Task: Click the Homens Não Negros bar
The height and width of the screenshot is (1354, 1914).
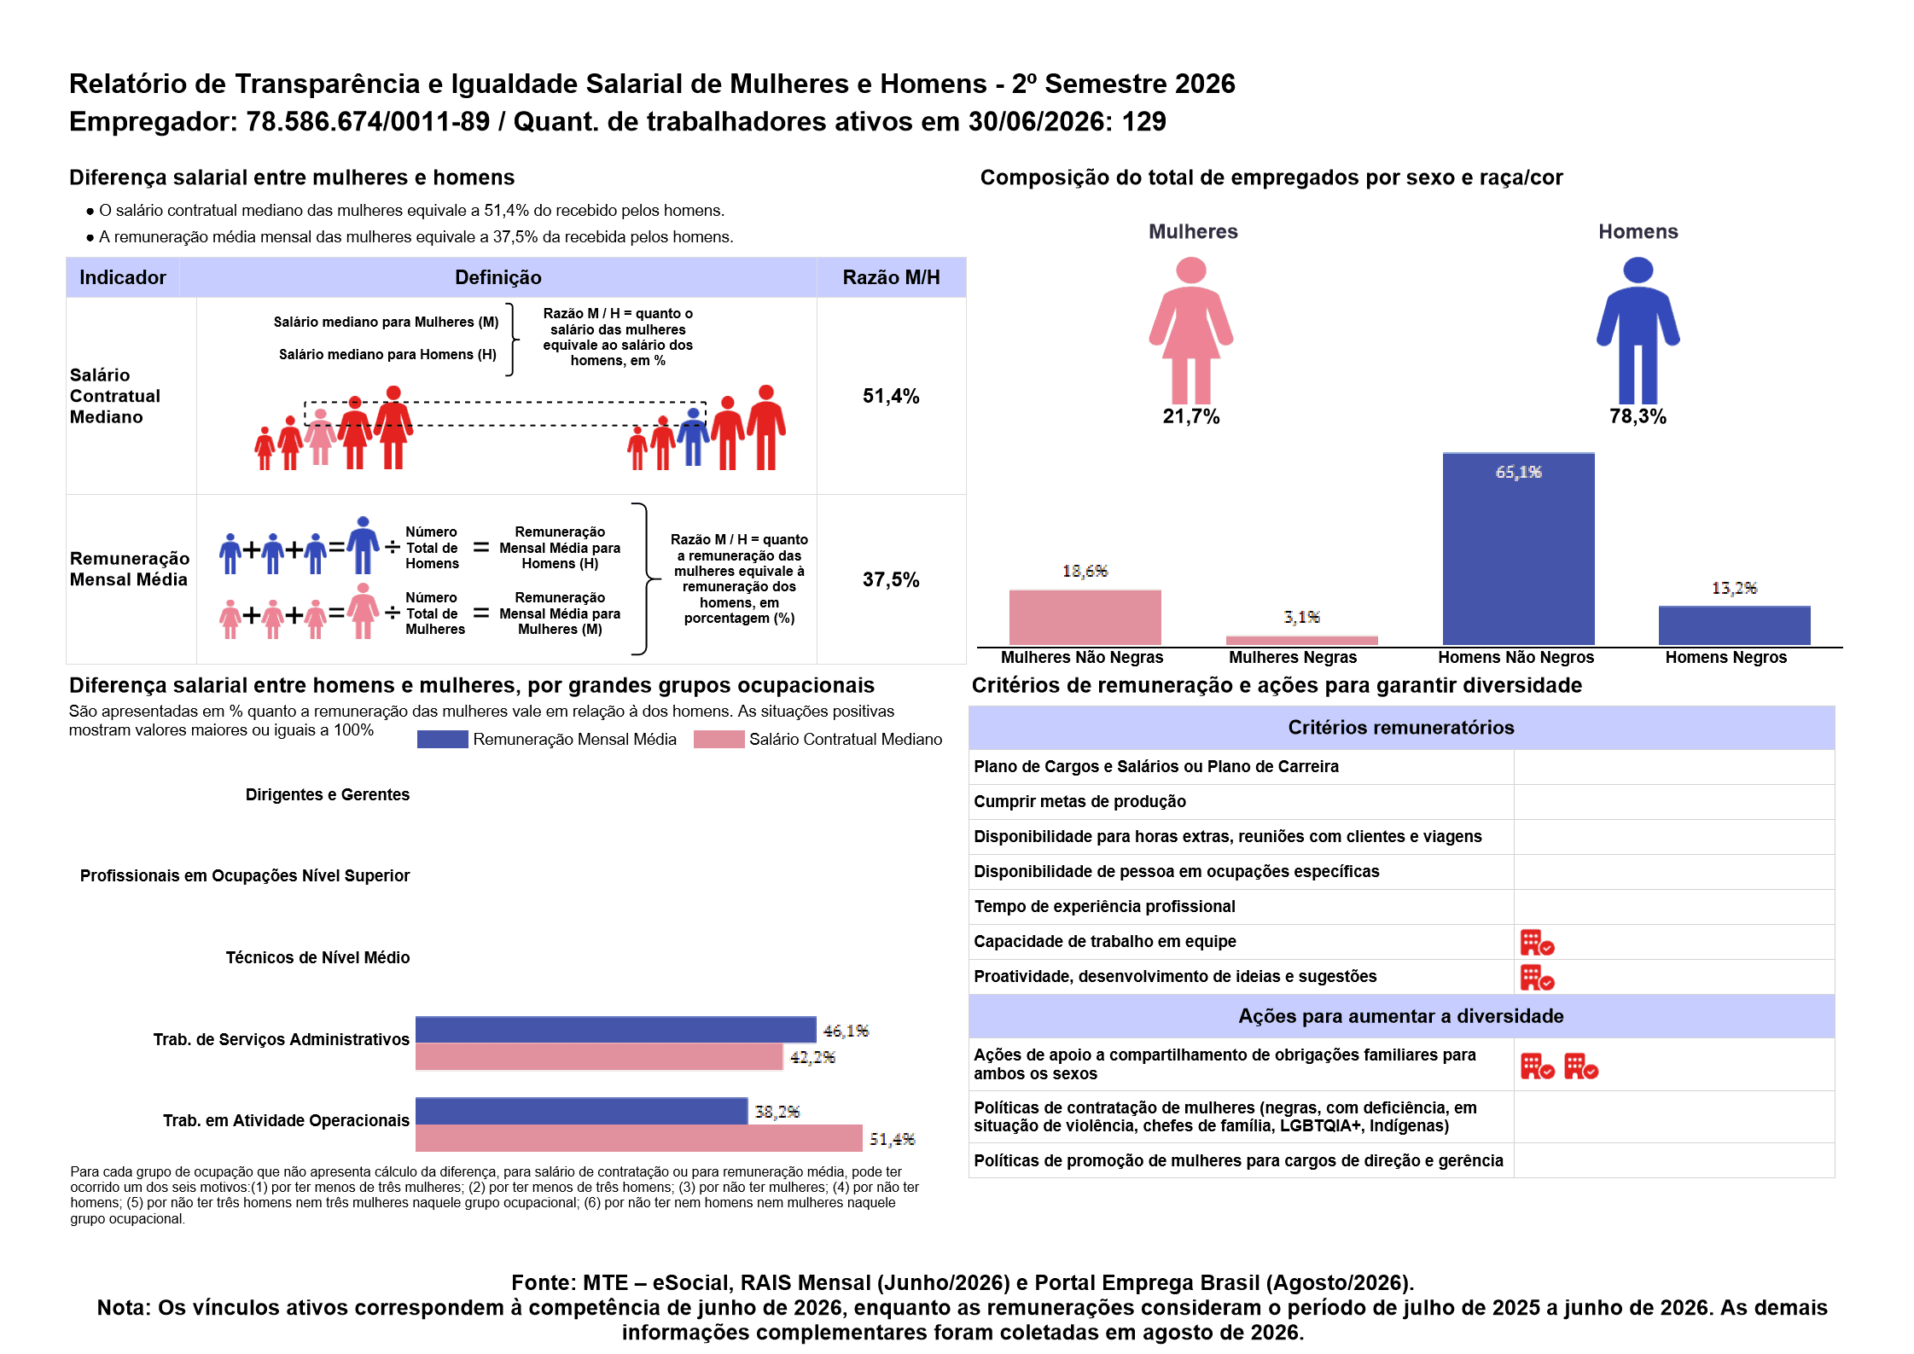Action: [x=1518, y=549]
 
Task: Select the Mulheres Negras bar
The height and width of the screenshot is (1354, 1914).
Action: [x=1301, y=640]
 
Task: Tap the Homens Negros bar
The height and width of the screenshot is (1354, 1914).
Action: [x=1734, y=625]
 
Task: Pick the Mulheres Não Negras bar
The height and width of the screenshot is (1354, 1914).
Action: [x=1085, y=617]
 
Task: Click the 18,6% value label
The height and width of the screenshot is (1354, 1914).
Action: [x=1085, y=571]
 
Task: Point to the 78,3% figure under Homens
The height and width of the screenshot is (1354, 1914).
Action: [x=1638, y=416]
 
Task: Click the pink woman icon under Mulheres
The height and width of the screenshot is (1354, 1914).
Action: [x=1191, y=330]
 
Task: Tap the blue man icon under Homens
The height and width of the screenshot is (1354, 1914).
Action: [x=1638, y=330]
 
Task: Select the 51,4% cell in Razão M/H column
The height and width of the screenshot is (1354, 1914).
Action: [x=891, y=396]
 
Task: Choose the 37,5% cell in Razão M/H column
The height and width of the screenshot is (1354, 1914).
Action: [x=891, y=580]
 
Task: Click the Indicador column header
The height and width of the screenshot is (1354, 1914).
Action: [x=123, y=277]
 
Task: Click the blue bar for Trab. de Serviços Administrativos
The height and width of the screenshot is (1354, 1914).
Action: [x=615, y=1030]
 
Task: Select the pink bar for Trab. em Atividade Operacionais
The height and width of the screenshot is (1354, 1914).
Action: [x=638, y=1138]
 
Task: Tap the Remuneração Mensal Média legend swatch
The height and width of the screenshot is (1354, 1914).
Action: [x=442, y=739]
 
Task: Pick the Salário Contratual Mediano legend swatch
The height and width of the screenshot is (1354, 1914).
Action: [x=718, y=739]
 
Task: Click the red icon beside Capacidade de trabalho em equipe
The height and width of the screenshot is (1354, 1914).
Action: [x=1538, y=943]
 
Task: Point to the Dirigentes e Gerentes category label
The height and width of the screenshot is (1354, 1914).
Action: [x=328, y=794]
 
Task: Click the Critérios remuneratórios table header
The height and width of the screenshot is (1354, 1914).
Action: [x=1401, y=727]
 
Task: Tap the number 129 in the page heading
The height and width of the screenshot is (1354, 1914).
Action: [x=1143, y=121]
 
